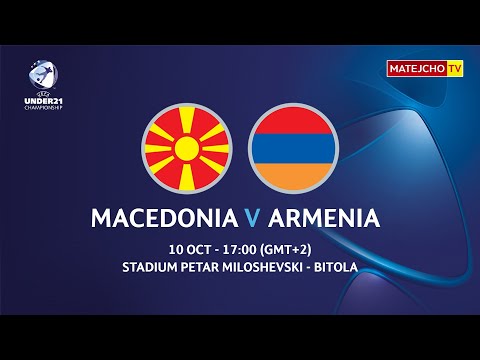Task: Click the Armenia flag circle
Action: (x=294, y=151)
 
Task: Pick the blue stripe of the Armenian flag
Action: (x=294, y=151)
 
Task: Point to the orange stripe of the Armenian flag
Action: (x=294, y=177)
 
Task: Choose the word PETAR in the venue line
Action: (x=204, y=268)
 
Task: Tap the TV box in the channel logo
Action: (x=456, y=68)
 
